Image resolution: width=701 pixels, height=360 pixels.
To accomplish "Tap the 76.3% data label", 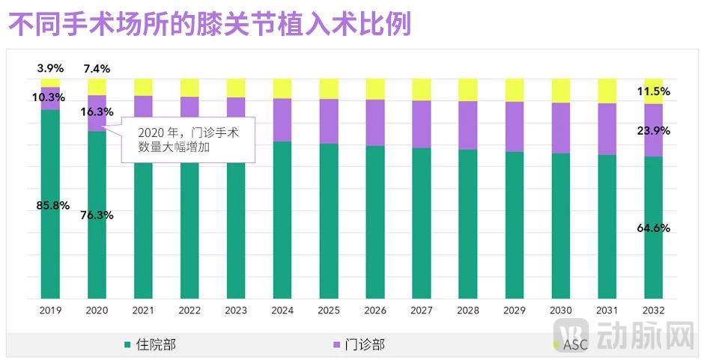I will (x=97, y=215).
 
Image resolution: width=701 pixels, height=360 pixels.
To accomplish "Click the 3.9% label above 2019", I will (x=51, y=68).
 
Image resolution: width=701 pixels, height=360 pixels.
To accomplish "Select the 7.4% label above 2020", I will (x=97, y=68).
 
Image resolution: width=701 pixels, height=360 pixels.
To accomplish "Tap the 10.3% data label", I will (x=51, y=97).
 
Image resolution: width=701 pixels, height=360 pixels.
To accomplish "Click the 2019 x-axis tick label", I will (x=50, y=310).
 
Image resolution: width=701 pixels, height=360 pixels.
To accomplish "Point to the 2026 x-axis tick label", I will (x=375, y=310).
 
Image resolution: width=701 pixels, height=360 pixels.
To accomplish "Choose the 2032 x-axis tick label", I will (x=653, y=310).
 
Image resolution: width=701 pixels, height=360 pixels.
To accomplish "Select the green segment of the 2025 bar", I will (x=329, y=221).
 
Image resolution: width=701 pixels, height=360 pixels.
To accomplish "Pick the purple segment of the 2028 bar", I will (x=468, y=125).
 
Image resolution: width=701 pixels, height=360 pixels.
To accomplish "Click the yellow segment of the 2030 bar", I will (x=561, y=91).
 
